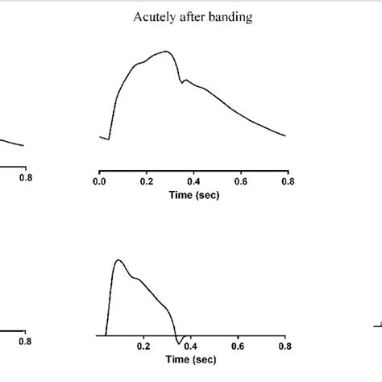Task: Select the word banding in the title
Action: coord(229,17)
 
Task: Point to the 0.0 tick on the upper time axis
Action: coord(99,183)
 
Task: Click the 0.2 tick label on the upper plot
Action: coord(146,183)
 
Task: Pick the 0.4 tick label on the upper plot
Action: coord(193,183)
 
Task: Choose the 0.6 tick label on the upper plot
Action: coord(240,183)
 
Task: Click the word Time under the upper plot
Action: coord(181,196)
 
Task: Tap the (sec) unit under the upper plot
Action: coord(207,196)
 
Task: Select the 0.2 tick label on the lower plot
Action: coord(143,347)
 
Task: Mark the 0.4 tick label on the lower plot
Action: coord(191,347)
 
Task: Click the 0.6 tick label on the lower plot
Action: coord(238,347)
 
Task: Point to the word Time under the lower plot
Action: coord(179,359)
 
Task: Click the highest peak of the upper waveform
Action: coord(167,52)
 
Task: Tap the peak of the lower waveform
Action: coord(118,260)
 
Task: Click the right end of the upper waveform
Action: coord(285,135)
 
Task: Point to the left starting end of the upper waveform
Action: coord(101,138)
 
